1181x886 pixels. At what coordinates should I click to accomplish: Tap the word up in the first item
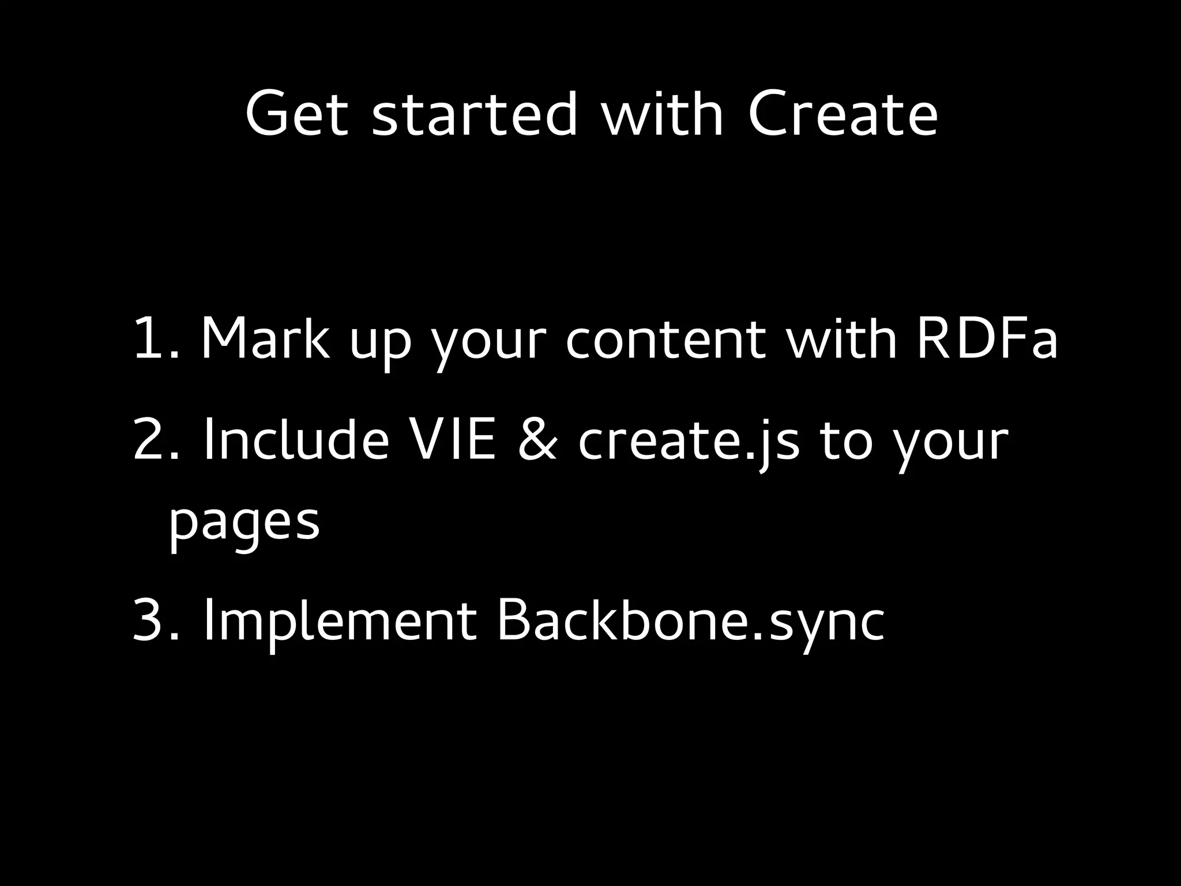[x=380, y=343]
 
